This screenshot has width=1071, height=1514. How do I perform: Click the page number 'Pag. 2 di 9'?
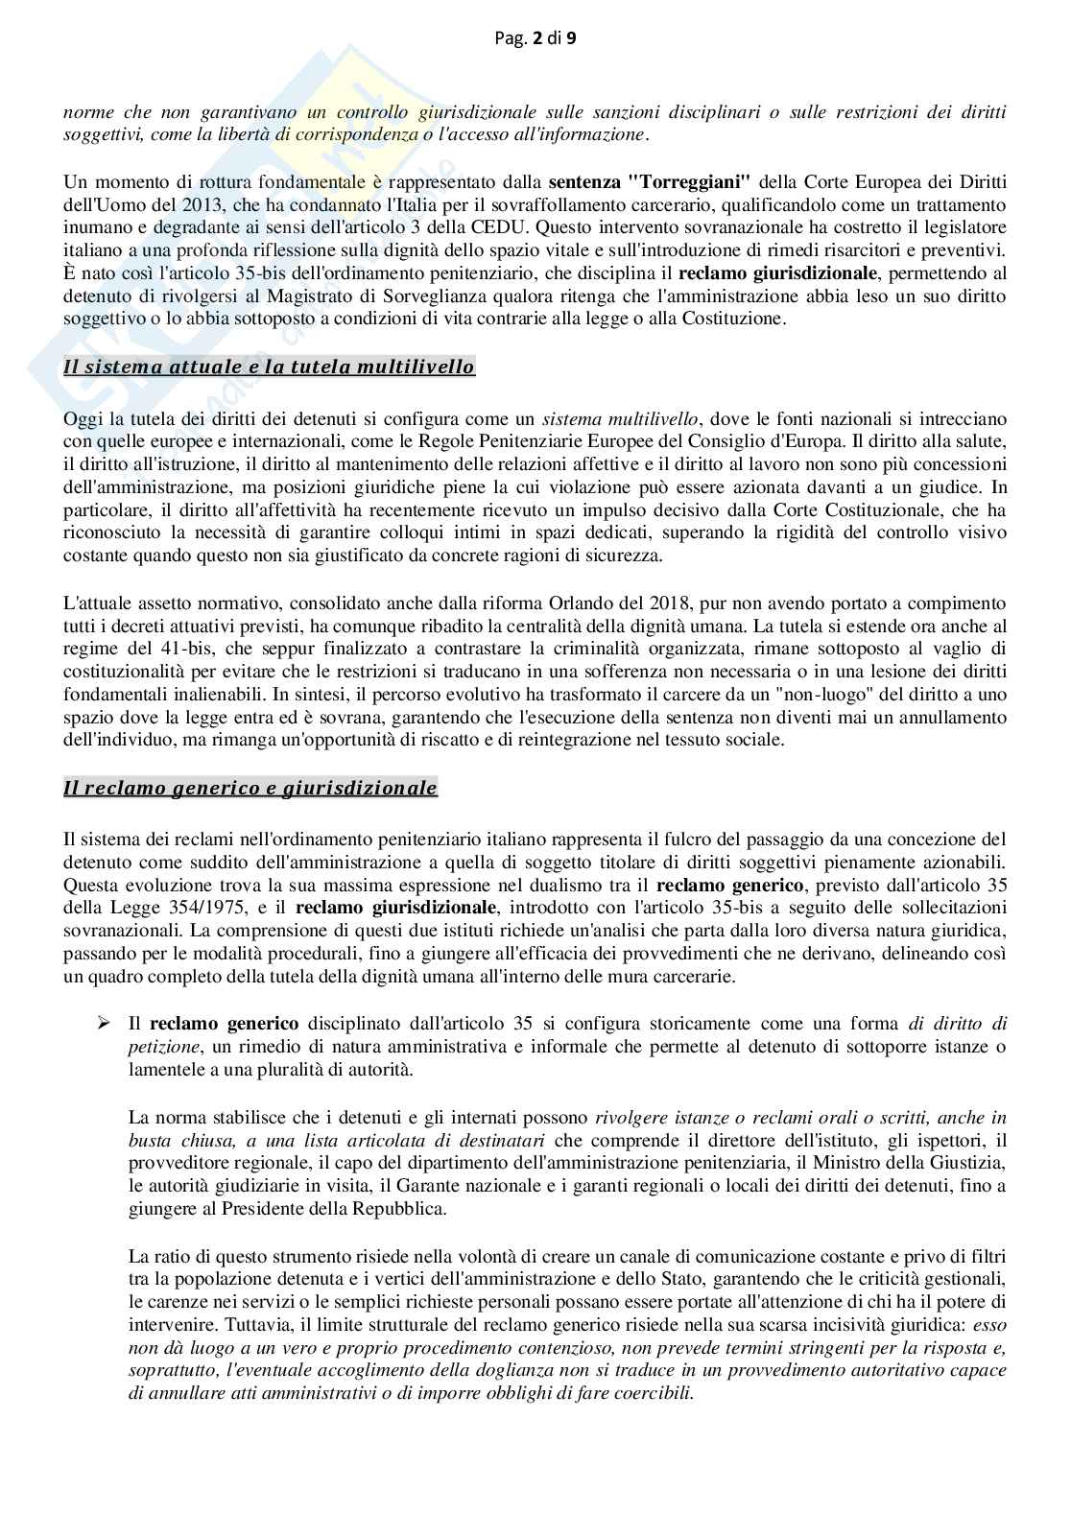[x=535, y=39]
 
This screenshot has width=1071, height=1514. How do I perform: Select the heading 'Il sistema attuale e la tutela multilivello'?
[x=269, y=367]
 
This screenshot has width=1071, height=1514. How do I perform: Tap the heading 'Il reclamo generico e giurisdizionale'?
[x=250, y=788]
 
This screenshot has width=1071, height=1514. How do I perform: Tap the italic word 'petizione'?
[x=159, y=1046]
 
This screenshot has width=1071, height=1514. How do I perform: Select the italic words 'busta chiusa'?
[x=177, y=1140]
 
